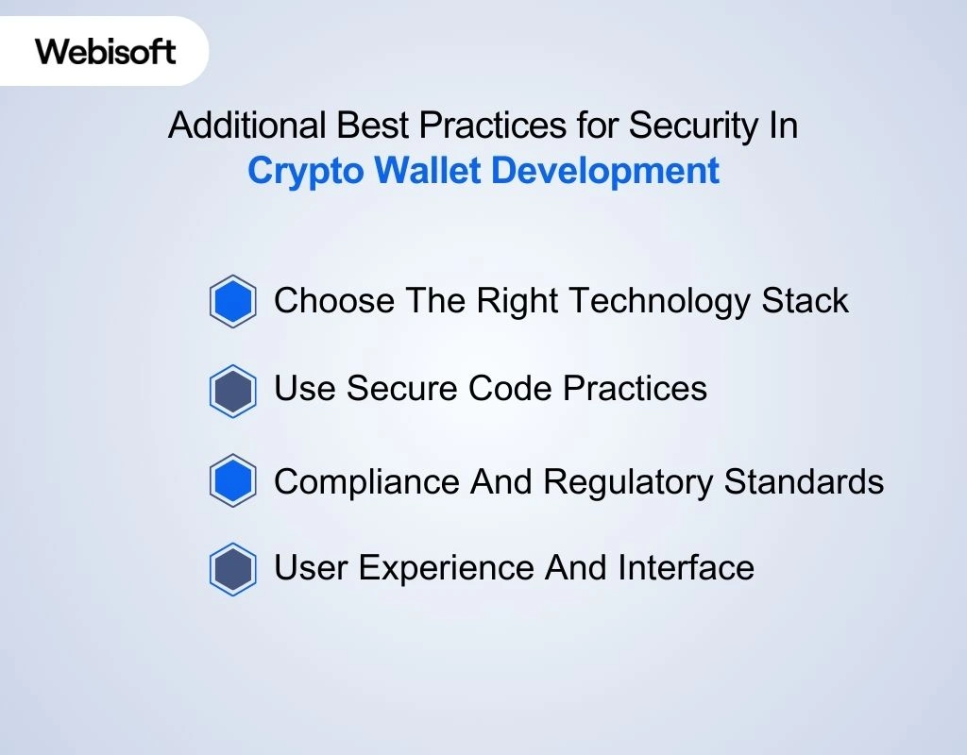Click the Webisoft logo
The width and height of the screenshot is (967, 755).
(x=106, y=51)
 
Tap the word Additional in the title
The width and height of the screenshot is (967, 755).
(x=247, y=126)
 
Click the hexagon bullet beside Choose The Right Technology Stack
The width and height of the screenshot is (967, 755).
(x=233, y=301)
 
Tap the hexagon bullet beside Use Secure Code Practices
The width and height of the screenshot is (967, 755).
(x=233, y=392)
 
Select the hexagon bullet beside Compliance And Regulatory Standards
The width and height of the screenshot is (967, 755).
(x=233, y=480)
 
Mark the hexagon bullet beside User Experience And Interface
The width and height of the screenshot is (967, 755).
(x=233, y=569)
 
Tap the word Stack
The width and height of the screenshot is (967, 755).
(x=805, y=301)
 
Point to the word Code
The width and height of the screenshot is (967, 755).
(x=510, y=388)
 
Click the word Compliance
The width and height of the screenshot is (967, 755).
(x=367, y=482)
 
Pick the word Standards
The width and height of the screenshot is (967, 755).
(x=804, y=481)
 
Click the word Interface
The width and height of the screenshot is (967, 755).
(x=686, y=567)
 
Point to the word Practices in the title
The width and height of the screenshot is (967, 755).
(x=493, y=126)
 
